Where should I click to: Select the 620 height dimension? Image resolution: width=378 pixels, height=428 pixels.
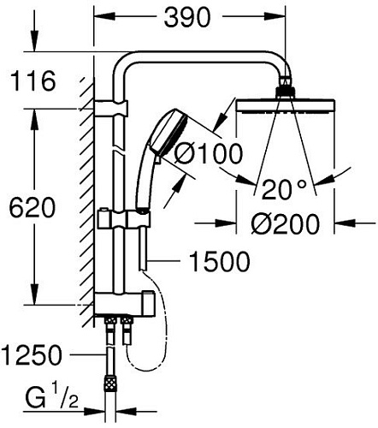point(31,208)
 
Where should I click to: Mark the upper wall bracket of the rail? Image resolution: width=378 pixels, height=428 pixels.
point(109,109)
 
